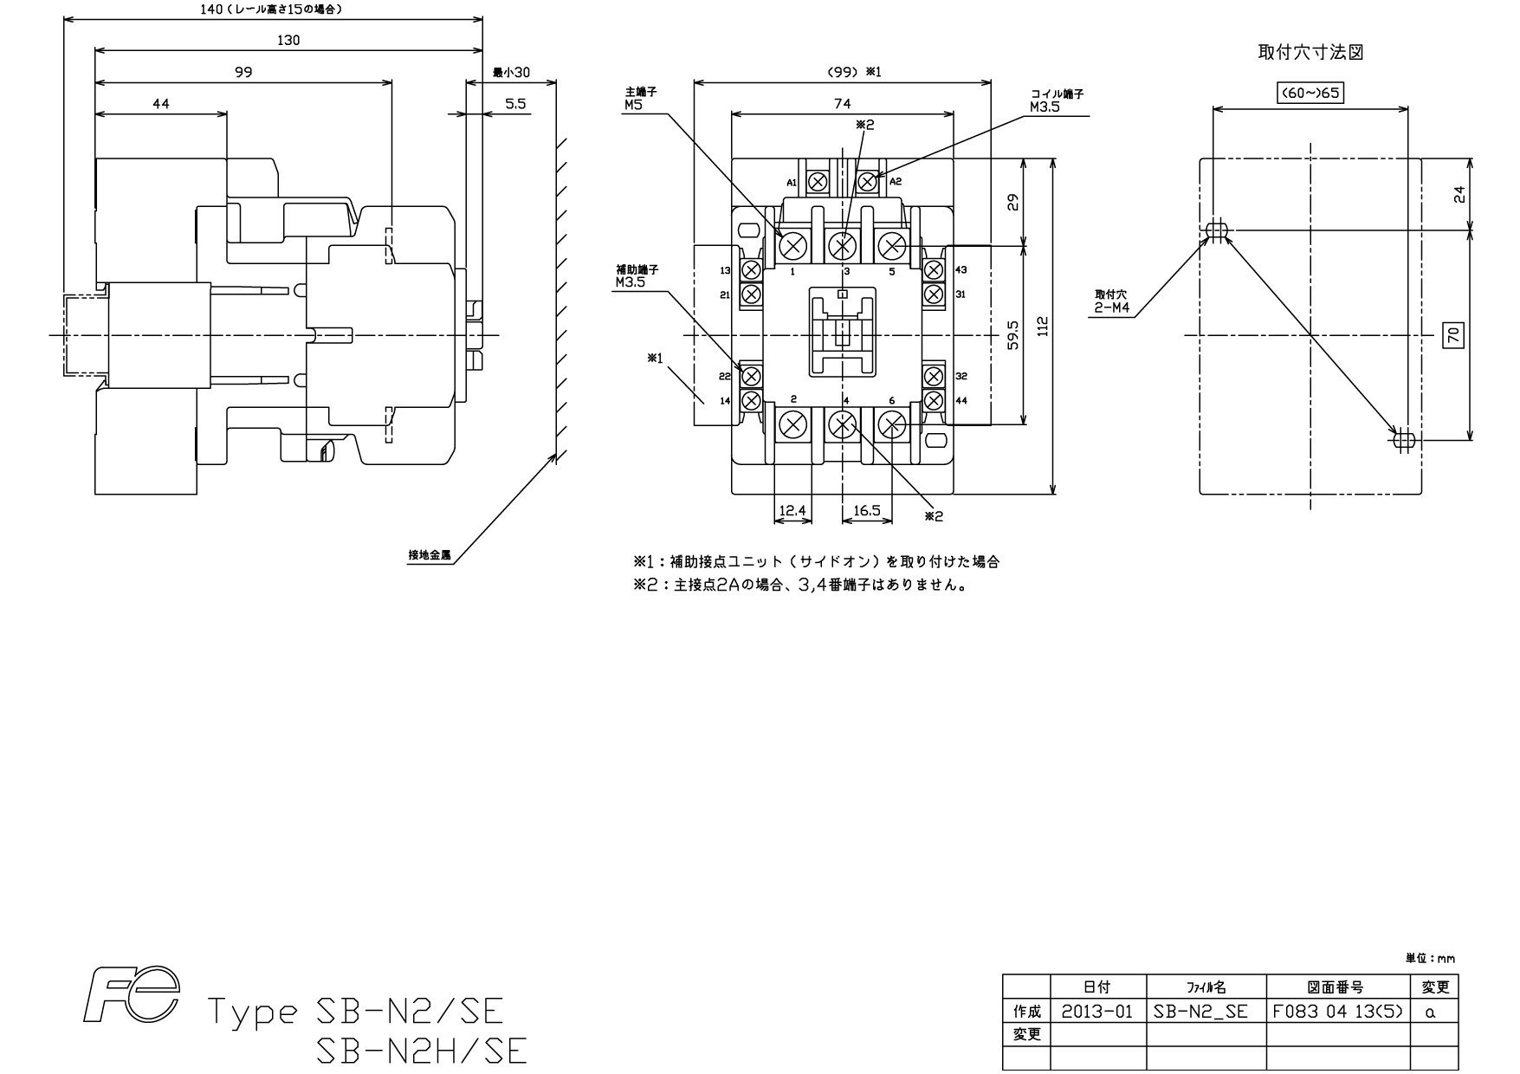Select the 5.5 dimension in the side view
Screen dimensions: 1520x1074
[515, 104]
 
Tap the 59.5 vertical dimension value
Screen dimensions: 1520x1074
[1012, 335]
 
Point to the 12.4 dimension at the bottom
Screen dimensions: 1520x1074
[792, 511]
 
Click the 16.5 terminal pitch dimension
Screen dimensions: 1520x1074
[866, 511]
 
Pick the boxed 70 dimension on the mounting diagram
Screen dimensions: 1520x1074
[1454, 335]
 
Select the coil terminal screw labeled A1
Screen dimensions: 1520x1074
[817, 182]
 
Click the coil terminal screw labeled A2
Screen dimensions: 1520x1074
[866, 182]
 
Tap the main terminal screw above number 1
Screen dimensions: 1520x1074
[792, 247]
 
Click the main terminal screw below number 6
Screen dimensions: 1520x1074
[891, 425]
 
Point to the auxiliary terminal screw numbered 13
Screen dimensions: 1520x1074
[751, 270]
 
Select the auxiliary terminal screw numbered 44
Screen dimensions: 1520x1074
[933, 400]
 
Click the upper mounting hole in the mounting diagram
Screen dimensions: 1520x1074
[1217, 230]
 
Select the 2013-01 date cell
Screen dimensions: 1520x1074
[1097, 1011]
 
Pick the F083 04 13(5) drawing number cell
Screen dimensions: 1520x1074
[1338, 1011]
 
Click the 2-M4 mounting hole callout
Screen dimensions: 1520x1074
[1111, 307]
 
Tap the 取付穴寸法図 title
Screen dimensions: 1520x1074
[1310, 52]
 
